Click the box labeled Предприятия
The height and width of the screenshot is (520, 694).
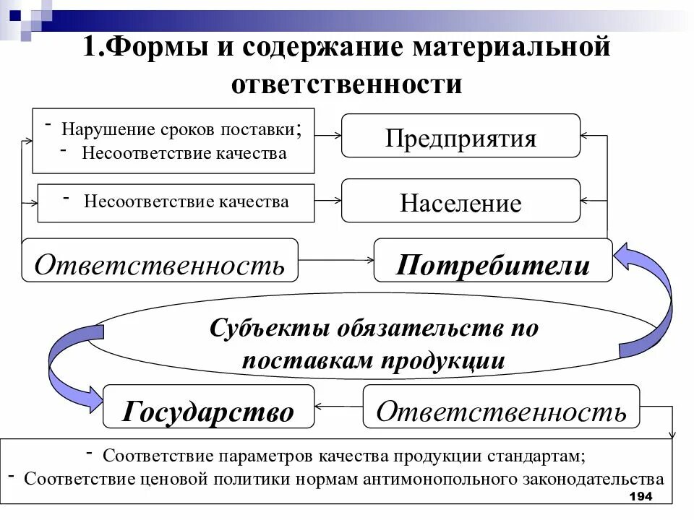460,136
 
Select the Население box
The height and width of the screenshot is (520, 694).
460,201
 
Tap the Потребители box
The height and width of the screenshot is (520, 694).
493,264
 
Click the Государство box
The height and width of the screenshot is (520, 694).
208,410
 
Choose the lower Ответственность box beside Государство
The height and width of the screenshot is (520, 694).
501,409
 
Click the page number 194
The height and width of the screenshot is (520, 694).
641,497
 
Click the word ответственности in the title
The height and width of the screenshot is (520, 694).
346,84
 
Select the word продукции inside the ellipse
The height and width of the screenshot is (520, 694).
442,360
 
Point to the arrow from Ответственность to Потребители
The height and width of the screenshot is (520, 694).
335,259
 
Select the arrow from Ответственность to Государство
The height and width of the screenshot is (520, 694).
338,405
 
